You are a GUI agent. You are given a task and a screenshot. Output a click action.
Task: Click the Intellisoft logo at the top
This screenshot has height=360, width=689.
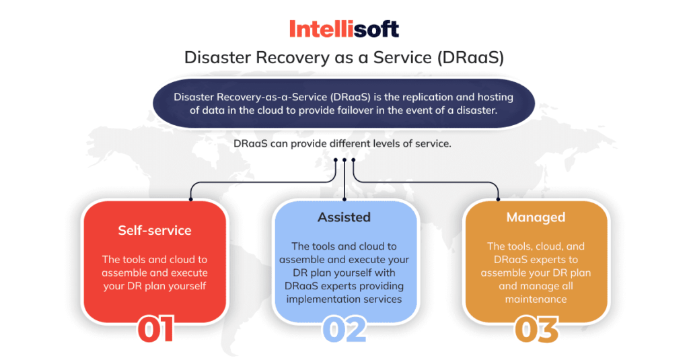point(344,29)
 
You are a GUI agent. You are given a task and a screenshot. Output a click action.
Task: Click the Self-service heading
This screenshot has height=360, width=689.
point(155,230)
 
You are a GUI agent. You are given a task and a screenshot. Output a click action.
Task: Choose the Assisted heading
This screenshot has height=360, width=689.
point(344,217)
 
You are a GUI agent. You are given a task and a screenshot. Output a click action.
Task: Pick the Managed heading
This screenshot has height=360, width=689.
point(536,217)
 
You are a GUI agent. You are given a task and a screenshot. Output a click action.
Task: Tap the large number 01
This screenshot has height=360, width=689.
point(155,330)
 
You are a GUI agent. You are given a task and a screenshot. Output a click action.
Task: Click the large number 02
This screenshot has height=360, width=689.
point(344,330)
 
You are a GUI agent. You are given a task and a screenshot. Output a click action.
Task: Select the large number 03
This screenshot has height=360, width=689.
point(536,330)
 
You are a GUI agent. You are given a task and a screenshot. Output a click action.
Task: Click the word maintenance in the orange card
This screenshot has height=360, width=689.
point(536,299)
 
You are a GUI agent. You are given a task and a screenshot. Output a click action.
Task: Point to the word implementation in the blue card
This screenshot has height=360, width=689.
point(319,299)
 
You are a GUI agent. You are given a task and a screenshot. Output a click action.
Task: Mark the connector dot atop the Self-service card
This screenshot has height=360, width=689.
point(191,200)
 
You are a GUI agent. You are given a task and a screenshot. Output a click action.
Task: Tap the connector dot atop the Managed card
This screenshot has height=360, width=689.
point(499,200)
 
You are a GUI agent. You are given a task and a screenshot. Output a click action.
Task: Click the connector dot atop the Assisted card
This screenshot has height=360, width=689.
point(344,200)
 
